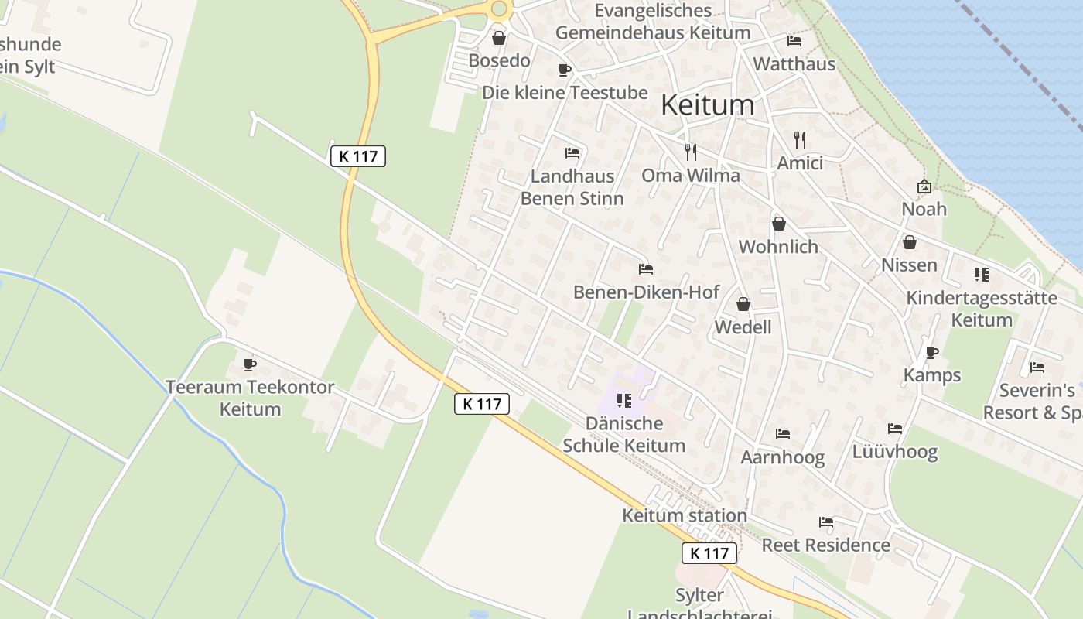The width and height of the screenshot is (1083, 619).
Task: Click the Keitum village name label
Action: tap(707, 105)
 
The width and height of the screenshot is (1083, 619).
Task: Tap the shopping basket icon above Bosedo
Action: tap(499, 38)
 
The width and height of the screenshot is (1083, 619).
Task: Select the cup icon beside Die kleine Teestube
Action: tap(565, 70)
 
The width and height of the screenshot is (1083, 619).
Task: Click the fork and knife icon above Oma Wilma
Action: tap(691, 152)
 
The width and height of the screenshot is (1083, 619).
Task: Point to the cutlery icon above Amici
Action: tap(800, 140)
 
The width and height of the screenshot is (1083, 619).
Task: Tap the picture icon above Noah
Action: tap(924, 186)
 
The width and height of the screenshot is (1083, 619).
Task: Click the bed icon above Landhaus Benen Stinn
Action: tap(572, 153)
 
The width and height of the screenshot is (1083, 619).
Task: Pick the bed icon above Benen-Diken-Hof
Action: tap(646, 269)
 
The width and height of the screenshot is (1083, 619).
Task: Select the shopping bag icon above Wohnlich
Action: tap(779, 224)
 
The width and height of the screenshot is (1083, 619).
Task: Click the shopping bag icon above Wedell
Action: tap(743, 304)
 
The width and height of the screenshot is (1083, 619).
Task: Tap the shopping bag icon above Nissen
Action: tap(910, 242)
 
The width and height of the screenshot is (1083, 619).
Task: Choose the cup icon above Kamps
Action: tap(932, 353)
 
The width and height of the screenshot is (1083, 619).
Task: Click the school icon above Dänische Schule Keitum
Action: tap(624, 401)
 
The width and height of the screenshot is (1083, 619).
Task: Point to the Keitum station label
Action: tap(685, 515)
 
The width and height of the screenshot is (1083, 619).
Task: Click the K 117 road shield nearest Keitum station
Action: tap(709, 553)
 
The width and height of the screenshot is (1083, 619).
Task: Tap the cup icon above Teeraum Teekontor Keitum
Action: tap(250, 364)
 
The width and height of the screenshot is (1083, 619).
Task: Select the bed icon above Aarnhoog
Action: tap(783, 434)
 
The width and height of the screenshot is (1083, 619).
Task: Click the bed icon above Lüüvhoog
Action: tap(895, 429)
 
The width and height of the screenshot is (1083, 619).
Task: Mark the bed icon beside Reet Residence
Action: tap(826, 522)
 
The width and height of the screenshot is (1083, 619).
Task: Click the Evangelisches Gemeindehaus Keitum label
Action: tap(653, 22)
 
